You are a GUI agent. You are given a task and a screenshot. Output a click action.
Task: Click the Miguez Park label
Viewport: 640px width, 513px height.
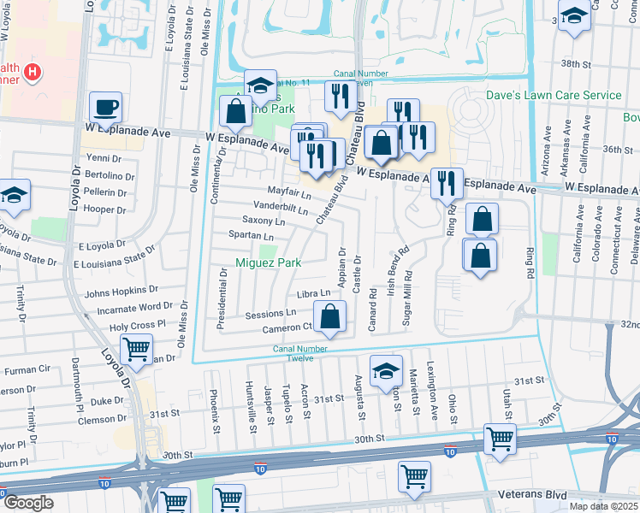click(269, 263)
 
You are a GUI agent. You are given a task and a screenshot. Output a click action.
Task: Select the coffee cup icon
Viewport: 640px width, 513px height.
click(106, 108)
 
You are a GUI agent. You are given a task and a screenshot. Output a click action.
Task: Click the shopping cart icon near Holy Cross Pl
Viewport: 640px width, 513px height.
click(136, 350)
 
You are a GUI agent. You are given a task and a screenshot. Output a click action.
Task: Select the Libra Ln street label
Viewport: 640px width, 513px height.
click(313, 294)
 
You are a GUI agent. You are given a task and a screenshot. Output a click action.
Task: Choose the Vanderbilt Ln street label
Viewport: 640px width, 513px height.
click(281, 207)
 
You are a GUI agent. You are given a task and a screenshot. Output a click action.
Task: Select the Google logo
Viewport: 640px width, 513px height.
click(27, 503)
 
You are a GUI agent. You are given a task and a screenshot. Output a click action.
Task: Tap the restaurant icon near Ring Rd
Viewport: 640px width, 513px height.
click(446, 182)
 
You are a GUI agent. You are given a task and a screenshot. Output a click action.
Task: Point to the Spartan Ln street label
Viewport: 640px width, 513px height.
click(252, 236)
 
